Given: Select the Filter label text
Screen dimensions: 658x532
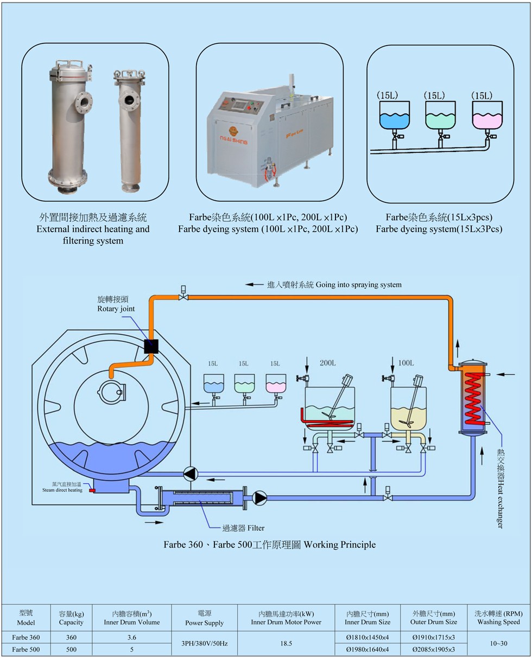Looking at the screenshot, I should coord(244,527).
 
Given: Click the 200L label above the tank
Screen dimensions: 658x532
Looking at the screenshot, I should coord(328,363).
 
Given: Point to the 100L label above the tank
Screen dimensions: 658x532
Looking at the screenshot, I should coord(406,363).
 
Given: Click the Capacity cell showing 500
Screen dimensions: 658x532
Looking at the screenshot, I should coord(71,649).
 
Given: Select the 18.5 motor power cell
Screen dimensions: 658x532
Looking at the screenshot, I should coord(287,643).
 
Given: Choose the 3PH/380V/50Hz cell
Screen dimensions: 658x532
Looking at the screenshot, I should coord(204,643).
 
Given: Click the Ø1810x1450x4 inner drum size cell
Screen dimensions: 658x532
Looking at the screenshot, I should coord(368,637).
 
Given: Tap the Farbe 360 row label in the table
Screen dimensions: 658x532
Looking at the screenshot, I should coord(26,637).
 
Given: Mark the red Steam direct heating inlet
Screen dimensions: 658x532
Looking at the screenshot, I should coord(92,491).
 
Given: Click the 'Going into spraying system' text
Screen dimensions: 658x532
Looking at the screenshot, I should coord(334,284).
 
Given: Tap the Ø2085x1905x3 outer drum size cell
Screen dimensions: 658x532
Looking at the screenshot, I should coord(434,649).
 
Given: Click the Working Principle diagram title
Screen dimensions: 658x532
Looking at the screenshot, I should coord(269,544).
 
